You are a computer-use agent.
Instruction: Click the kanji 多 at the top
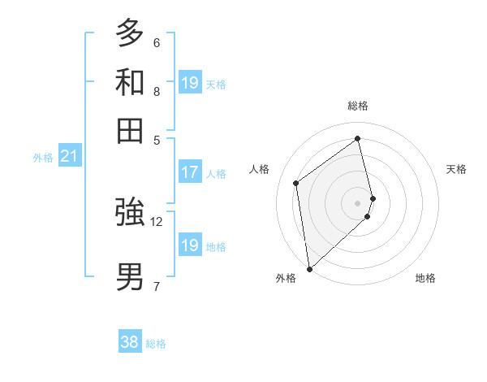130,33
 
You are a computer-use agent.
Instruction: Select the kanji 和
130,82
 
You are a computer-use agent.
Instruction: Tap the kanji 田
130,130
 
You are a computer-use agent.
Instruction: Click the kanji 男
130,276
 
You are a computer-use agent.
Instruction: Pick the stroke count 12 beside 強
157,221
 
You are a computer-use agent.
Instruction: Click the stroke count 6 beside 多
157,43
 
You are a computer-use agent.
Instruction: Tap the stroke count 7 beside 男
157,286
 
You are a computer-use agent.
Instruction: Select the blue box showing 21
69,156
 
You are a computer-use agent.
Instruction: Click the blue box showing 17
190,172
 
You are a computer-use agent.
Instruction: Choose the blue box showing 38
130,342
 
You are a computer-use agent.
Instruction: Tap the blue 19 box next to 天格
190,83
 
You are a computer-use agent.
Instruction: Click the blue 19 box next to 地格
190,245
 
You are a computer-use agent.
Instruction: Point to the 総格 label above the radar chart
358,106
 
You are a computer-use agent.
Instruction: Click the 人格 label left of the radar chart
260,169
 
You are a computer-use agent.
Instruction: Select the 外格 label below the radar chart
286,278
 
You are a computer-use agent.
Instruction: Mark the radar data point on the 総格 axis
358,138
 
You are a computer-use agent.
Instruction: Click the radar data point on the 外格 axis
309,268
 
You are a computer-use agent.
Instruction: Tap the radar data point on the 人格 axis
296,183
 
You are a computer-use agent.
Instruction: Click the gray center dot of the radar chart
358,202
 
